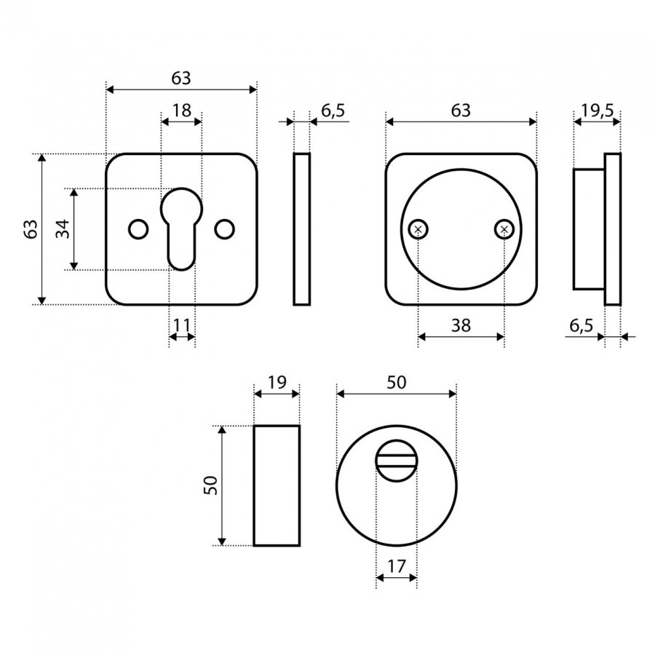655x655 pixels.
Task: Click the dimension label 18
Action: tap(182, 111)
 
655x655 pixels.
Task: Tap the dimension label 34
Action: tap(63, 229)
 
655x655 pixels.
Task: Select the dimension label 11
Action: tap(182, 325)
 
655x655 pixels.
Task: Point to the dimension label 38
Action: tap(461, 325)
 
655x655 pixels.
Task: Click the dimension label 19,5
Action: tap(598, 111)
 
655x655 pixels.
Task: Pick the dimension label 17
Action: tap(397, 566)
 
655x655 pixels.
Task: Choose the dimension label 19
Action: tap(277, 382)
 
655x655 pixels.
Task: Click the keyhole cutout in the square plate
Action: tap(181, 229)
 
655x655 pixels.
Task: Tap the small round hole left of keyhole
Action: tap(138, 229)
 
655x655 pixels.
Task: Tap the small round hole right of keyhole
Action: tap(224, 229)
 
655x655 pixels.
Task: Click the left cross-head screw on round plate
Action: tap(418, 229)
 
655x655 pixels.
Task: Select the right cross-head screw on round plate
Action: tap(504, 229)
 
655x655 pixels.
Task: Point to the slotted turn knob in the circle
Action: tap(397, 461)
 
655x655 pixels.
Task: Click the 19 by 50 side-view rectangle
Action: tap(277, 486)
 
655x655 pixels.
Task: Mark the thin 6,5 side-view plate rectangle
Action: tap(301, 229)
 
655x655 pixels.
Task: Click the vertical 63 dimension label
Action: tap(31, 229)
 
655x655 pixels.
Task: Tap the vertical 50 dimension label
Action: tap(211, 485)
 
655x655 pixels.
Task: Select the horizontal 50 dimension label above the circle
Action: tap(396, 382)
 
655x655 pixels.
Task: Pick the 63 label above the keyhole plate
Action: tap(181, 78)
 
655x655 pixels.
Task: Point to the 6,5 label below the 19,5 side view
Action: tap(581, 325)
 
